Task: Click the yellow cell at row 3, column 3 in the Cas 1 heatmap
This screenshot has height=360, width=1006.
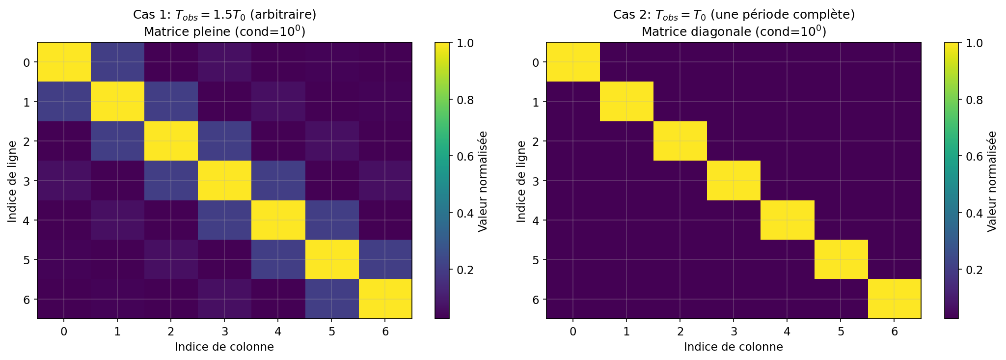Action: click(x=224, y=181)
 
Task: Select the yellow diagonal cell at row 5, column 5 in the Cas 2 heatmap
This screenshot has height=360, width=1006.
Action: click(x=841, y=259)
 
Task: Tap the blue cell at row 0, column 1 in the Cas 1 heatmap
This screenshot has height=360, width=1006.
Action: click(x=117, y=62)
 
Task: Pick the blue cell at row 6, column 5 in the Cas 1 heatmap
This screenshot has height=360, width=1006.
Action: click(x=331, y=299)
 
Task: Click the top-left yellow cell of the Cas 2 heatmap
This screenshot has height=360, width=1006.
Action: click(x=573, y=62)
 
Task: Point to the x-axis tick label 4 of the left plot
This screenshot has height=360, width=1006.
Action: click(x=278, y=332)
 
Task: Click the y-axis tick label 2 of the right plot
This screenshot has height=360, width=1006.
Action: click(x=536, y=141)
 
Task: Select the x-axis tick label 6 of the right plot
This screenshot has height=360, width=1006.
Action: click(x=895, y=332)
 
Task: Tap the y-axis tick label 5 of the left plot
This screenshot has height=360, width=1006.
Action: click(x=27, y=259)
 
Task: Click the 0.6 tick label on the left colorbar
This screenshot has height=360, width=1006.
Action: click(x=464, y=157)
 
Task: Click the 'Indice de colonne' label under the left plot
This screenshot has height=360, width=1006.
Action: click(x=224, y=347)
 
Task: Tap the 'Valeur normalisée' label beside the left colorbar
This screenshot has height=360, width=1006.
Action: click(x=483, y=181)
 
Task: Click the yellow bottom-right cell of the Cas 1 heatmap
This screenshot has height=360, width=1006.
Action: click(x=385, y=299)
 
